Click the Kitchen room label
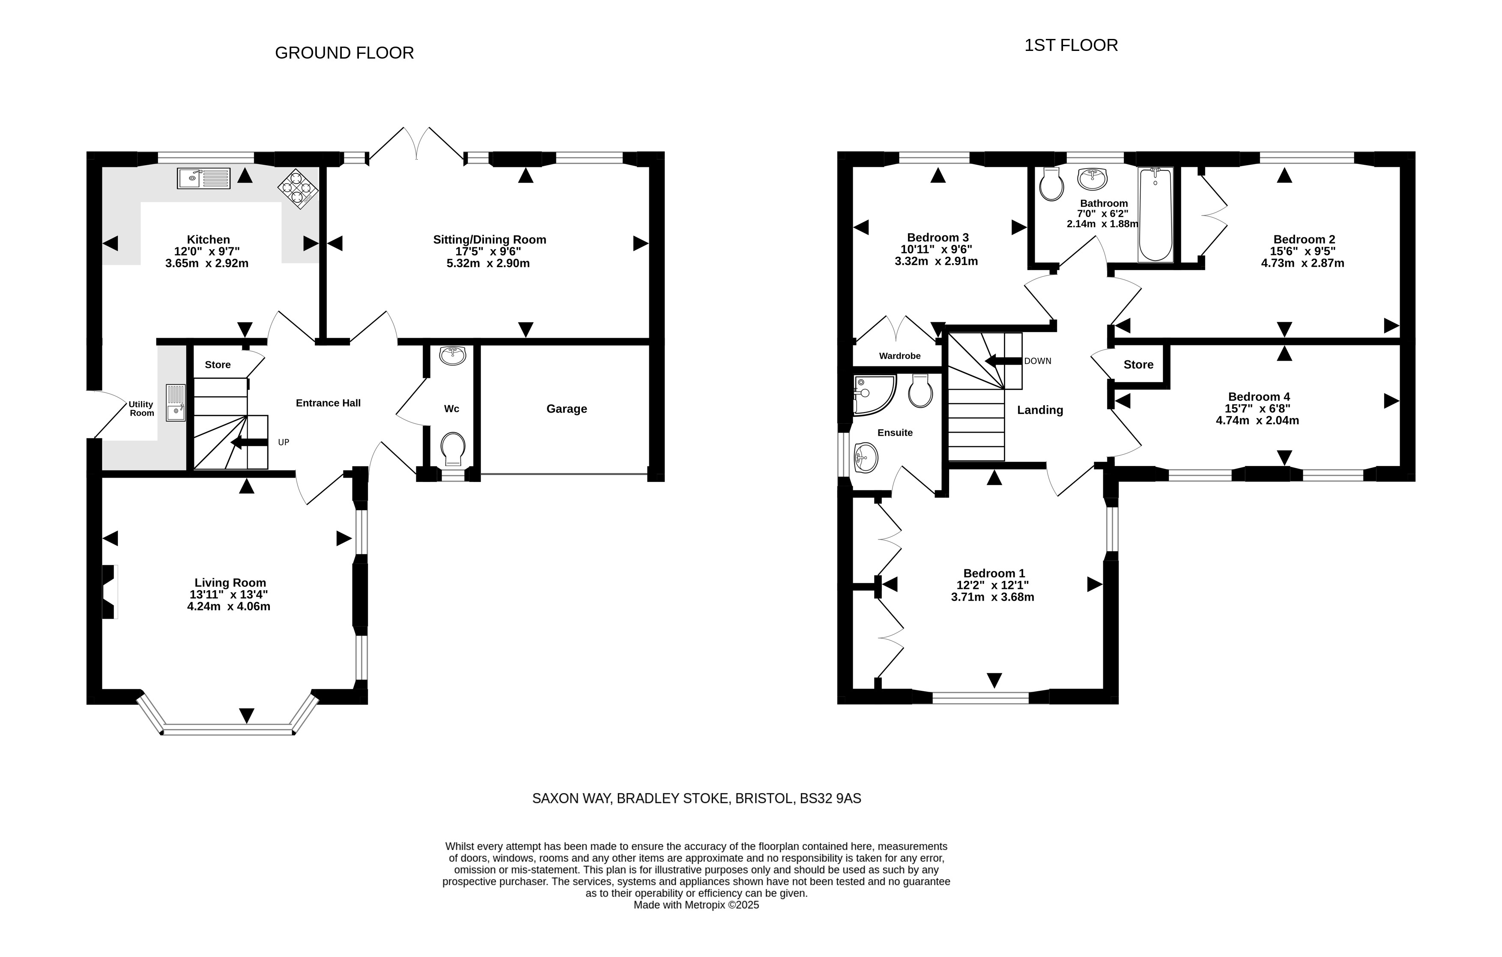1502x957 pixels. (208, 239)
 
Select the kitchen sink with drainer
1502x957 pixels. (203, 178)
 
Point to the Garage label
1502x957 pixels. (566, 409)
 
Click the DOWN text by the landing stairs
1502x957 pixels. (1037, 361)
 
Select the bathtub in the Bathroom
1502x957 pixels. (1155, 214)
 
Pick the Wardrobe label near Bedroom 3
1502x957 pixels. (899, 356)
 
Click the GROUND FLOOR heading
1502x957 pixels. (344, 53)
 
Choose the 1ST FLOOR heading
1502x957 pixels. (1071, 45)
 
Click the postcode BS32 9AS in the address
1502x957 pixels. (830, 798)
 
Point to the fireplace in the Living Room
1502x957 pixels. (109, 591)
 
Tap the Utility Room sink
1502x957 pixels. (176, 403)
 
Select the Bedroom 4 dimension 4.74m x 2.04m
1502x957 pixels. (1257, 420)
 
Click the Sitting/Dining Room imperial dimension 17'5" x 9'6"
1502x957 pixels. (488, 251)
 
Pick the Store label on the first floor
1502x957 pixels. (1138, 365)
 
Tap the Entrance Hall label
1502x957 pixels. (328, 403)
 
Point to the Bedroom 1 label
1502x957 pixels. (994, 574)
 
